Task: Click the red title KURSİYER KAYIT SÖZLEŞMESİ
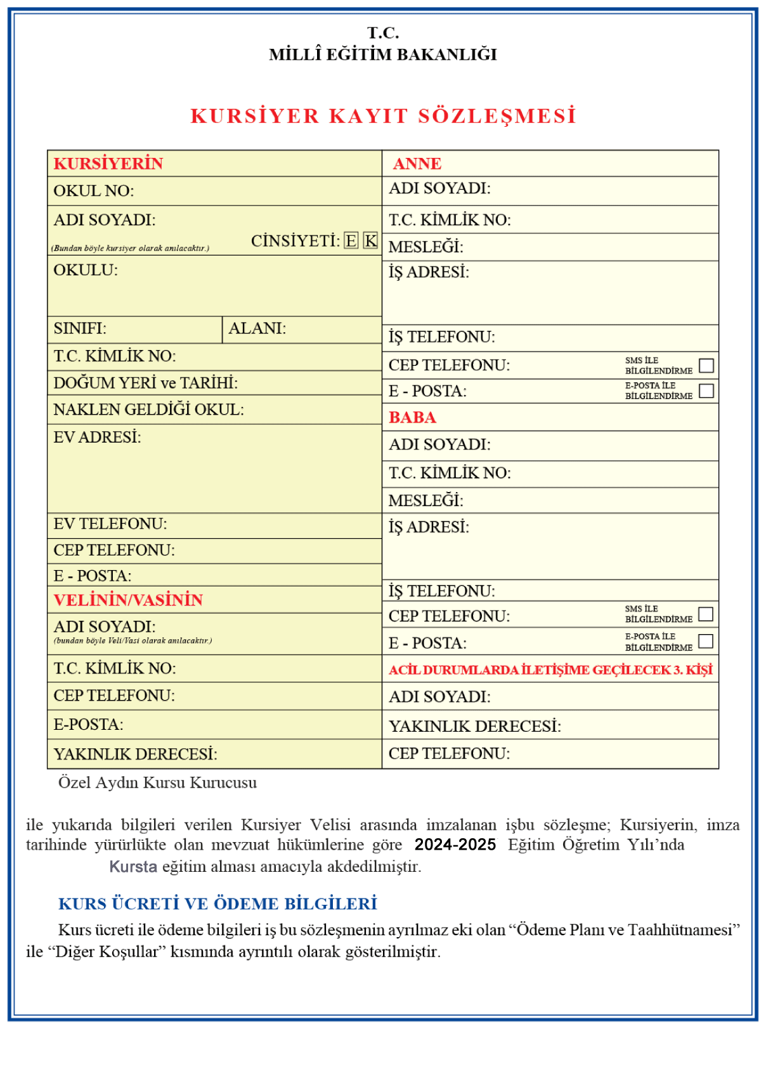(x=383, y=116)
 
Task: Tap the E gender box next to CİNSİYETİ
(x=351, y=241)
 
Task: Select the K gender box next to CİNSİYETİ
(x=370, y=241)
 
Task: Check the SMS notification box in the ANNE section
(x=706, y=366)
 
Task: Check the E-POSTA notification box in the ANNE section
(x=706, y=391)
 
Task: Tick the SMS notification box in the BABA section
(x=705, y=614)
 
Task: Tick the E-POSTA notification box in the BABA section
(x=705, y=641)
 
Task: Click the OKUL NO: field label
(x=94, y=191)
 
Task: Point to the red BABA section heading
(x=412, y=418)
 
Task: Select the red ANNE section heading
(x=417, y=164)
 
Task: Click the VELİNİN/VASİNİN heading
(x=128, y=600)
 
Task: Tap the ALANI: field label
(x=257, y=328)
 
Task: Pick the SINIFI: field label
(x=80, y=328)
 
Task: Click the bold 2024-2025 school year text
(x=455, y=845)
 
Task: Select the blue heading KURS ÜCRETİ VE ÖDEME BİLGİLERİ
(x=217, y=904)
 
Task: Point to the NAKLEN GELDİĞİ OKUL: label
(x=148, y=410)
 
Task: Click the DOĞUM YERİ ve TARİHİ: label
(x=145, y=383)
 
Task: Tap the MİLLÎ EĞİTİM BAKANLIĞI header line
(x=382, y=55)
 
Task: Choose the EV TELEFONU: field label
(x=110, y=524)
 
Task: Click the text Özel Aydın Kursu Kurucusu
(x=157, y=782)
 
